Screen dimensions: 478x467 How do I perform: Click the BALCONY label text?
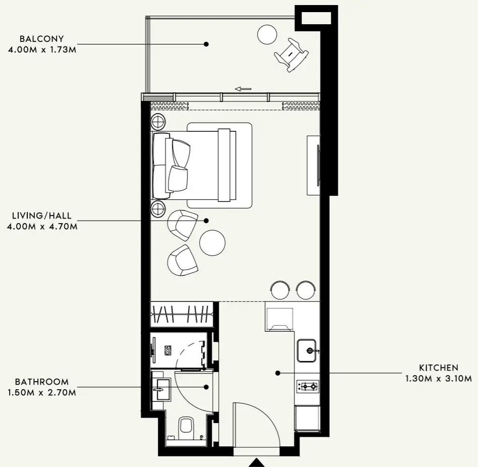tap(42, 39)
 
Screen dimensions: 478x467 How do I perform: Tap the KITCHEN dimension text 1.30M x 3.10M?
tap(438, 379)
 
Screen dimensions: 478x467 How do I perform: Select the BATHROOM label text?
tap(42, 382)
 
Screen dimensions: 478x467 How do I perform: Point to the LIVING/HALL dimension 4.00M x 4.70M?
tap(42, 227)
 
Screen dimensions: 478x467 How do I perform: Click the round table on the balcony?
tap(267, 34)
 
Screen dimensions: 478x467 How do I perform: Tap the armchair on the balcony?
tap(291, 55)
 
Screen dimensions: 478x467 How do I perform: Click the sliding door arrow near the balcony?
tap(243, 89)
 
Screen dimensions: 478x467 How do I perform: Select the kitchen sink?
tap(307, 350)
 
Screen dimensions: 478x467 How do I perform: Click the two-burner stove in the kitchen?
tap(308, 387)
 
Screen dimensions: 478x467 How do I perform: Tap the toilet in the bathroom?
tap(186, 428)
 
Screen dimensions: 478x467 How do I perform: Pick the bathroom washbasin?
tap(161, 389)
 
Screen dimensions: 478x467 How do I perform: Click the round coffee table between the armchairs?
tap(212, 243)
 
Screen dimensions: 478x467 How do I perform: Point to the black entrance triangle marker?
tap(257, 462)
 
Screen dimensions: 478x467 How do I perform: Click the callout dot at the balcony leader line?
tap(206, 44)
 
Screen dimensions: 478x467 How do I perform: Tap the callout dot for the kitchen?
tap(278, 373)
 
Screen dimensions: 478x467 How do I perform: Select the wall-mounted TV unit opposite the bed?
tap(314, 166)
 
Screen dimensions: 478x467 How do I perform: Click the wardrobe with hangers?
tap(182, 314)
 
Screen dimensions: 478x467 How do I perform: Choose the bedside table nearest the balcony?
tap(158, 122)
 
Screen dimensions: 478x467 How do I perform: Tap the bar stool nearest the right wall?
tap(306, 290)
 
